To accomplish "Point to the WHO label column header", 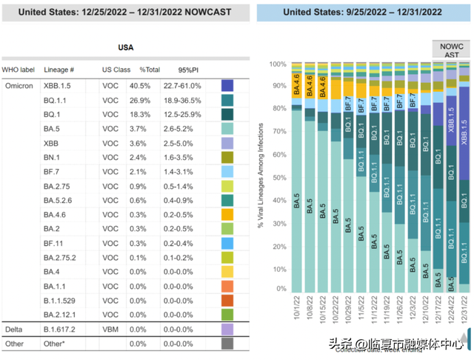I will [x=19, y=70].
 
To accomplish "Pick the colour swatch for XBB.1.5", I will [x=228, y=86].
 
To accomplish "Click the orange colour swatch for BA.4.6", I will [x=228, y=216].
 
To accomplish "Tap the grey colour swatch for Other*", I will [x=228, y=343].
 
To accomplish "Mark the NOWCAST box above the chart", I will [x=451, y=49].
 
